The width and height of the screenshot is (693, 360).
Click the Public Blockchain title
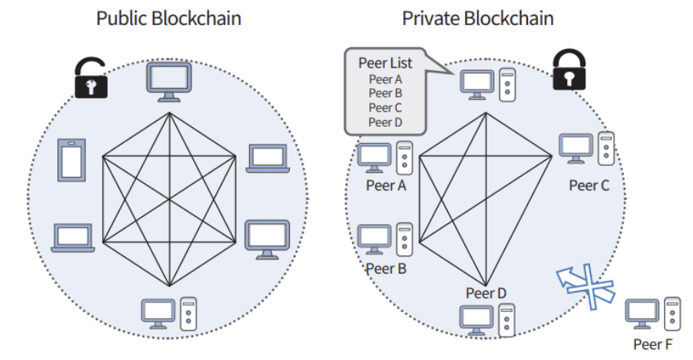(x=168, y=18)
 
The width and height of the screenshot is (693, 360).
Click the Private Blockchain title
(x=478, y=18)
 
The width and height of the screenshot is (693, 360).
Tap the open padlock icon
(x=91, y=79)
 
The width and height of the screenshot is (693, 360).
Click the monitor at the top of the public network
(x=168, y=81)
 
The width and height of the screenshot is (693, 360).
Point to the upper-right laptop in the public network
(x=268, y=158)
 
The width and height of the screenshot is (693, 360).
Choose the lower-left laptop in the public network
(x=73, y=238)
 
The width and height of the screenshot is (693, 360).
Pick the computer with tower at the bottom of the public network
(x=168, y=313)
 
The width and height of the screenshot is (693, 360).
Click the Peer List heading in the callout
(x=385, y=62)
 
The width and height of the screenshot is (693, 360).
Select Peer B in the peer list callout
(x=385, y=93)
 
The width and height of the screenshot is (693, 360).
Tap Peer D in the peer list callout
(x=385, y=122)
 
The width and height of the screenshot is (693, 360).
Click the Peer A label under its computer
(x=385, y=186)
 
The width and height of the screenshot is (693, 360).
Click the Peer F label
(x=653, y=343)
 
